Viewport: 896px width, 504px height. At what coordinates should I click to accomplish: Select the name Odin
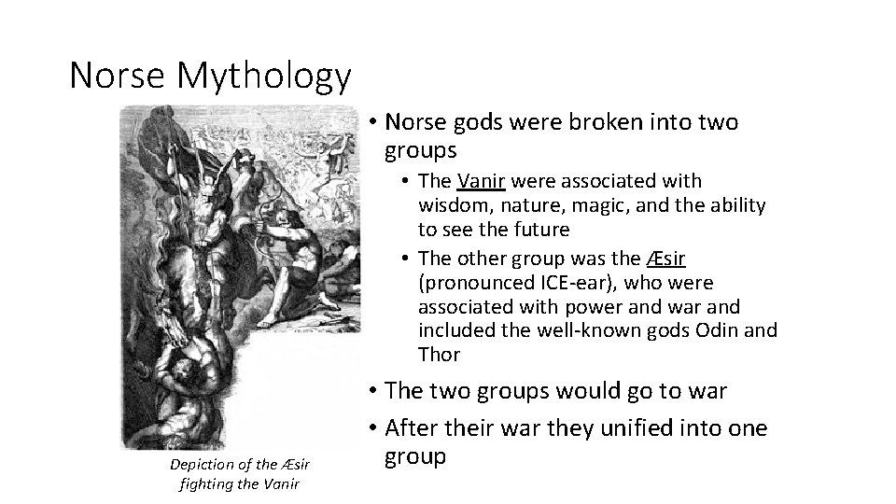pyautogui.click(x=719, y=331)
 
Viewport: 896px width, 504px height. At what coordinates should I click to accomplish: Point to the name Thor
pyautogui.click(x=440, y=356)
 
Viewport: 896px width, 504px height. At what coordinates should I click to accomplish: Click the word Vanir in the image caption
pyautogui.click(x=278, y=483)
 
